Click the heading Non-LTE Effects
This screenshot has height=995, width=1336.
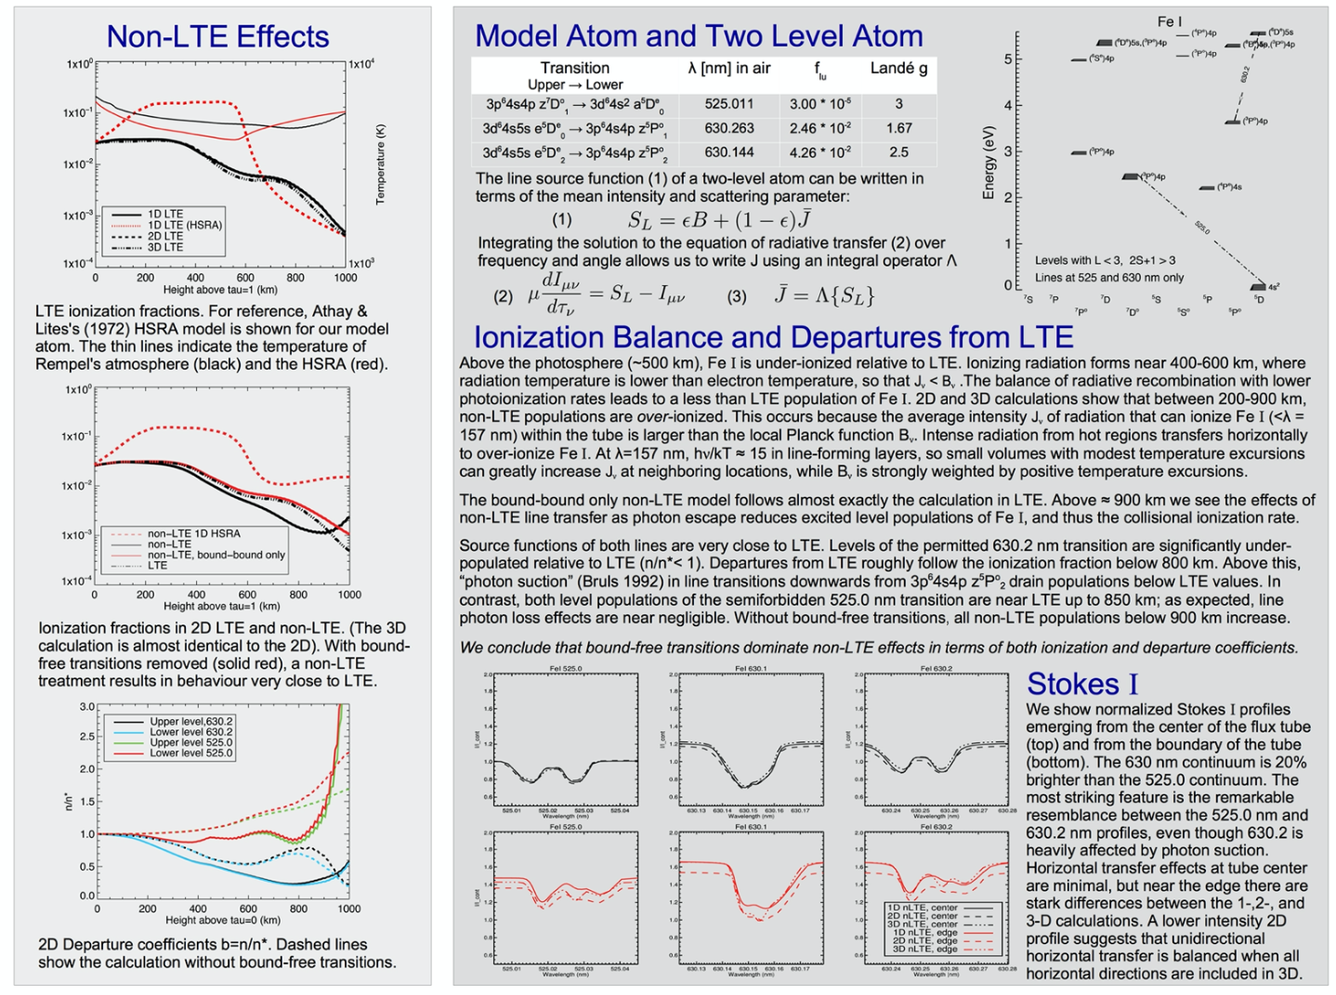pos(217,36)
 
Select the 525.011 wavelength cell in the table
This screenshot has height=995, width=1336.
pos(729,104)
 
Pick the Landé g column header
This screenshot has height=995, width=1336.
pos(898,68)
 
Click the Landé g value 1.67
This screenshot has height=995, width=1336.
pos(898,128)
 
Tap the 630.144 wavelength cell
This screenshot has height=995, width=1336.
pos(729,152)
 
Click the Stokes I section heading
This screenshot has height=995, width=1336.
pos(1082,684)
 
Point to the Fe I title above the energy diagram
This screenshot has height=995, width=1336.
pos(1170,20)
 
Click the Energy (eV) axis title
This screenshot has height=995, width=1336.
pos(989,163)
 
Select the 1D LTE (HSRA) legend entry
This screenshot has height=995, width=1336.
pos(185,225)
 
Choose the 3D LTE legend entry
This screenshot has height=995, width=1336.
pos(165,247)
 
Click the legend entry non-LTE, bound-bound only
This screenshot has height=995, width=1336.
pos(216,555)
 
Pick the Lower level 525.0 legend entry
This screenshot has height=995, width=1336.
pos(191,753)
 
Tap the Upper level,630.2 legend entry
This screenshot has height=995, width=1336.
pos(191,722)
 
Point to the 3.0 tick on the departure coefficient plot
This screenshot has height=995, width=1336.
pos(86,707)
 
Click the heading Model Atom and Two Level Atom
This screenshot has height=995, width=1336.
pos(699,36)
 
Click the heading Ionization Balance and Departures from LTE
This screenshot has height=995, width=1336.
pos(773,336)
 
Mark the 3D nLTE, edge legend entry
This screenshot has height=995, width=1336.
pos(924,949)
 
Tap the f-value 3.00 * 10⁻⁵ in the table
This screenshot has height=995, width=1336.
pos(820,104)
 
